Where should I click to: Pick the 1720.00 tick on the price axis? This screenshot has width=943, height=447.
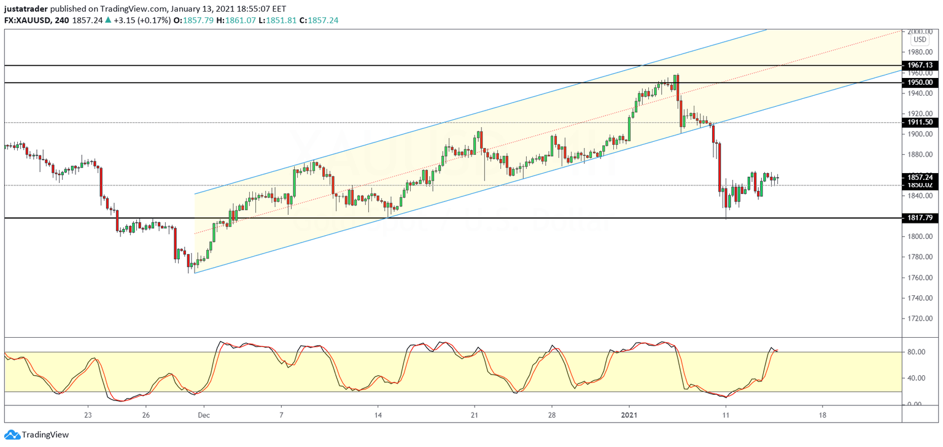pyautogui.click(x=919, y=319)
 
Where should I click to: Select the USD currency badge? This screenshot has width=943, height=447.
pyautogui.click(x=919, y=40)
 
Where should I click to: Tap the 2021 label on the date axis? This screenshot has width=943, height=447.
pyautogui.click(x=629, y=415)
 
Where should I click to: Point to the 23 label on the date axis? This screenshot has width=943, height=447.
pyautogui.click(x=88, y=415)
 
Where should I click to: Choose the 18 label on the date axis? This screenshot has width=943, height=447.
pyautogui.click(x=822, y=415)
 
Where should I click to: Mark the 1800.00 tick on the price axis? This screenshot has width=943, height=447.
pyautogui.click(x=919, y=236)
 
